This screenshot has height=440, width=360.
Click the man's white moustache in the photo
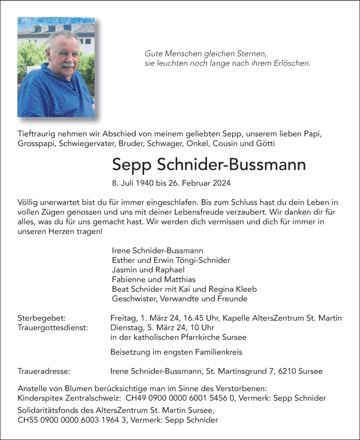67,66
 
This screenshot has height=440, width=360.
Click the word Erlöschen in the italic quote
293,63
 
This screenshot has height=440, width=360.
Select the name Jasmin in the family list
124,270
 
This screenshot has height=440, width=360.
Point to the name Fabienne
128,279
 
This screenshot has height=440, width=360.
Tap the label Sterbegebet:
42,318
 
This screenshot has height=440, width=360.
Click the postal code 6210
287,371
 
